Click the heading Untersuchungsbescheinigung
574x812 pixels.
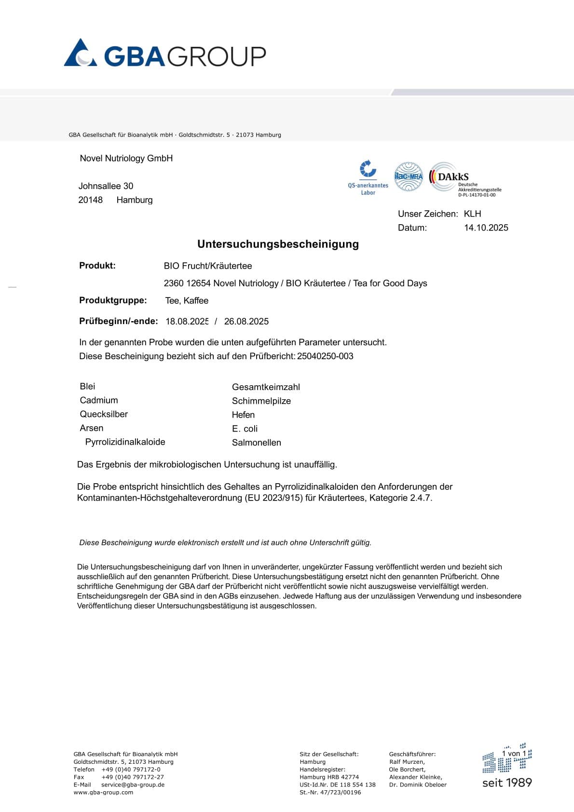tap(278, 244)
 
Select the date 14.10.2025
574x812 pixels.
tap(486, 228)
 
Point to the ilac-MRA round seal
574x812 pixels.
tap(409, 176)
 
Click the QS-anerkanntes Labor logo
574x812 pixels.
tap(368, 178)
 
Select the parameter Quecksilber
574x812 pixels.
tap(104, 414)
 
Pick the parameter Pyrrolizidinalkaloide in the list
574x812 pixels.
tap(125, 442)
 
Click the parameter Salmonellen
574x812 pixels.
tap(256, 443)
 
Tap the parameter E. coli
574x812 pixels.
tap(245, 429)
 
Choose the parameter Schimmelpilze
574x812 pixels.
tap(261, 401)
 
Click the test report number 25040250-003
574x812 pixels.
tap(325, 356)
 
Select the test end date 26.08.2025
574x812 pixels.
tap(246, 322)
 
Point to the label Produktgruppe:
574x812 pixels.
tap(113, 300)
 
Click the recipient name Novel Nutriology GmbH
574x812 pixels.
tap(126, 158)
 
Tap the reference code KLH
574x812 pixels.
tap(472, 214)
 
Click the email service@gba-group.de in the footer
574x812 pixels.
tap(133, 785)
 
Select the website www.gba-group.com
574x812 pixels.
tap(103, 792)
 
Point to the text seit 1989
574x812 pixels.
tap(507, 783)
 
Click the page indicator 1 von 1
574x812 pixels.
tap(514, 754)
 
